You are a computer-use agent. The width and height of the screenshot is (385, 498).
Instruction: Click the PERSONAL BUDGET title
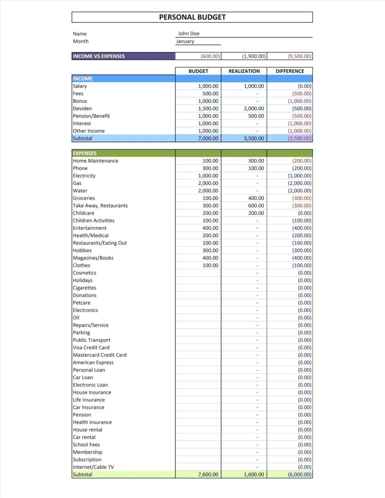click(x=192, y=17)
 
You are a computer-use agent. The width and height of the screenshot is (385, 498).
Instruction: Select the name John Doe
click(x=189, y=34)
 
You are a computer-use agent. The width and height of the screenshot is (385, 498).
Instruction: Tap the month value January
click(x=185, y=41)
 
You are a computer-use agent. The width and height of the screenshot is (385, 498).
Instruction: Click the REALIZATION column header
click(x=244, y=71)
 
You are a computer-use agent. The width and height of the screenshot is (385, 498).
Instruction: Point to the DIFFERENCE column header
click(x=290, y=71)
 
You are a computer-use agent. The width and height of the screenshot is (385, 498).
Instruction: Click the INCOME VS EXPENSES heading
click(x=99, y=56)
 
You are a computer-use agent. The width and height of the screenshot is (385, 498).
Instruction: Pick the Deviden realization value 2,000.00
click(x=254, y=108)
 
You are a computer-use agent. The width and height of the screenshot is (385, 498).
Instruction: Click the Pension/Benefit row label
click(x=91, y=116)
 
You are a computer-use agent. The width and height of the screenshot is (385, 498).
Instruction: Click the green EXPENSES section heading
click(x=85, y=153)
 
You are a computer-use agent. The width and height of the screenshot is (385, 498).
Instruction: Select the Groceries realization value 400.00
click(x=256, y=198)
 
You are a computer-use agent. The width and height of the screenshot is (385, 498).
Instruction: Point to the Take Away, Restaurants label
click(x=100, y=205)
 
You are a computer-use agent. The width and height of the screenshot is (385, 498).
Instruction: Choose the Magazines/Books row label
click(x=93, y=258)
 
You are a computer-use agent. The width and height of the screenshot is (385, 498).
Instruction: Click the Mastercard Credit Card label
click(x=99, y=355)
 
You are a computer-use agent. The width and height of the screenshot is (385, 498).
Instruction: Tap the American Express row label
click(x=93, y=362)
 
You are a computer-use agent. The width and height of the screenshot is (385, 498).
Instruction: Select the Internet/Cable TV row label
click(x=93, y=467)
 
